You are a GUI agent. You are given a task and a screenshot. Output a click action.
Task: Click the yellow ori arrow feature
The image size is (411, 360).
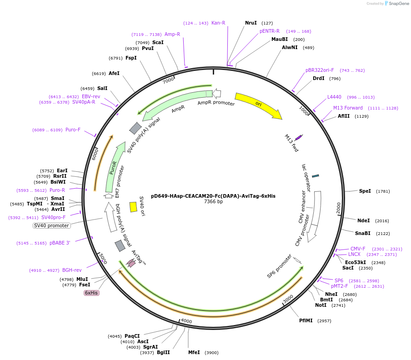pos(258,105)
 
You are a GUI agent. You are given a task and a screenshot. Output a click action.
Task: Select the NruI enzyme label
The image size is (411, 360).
pos(251,23)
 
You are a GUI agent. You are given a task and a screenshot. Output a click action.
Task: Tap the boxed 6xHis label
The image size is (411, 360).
pos(91,293)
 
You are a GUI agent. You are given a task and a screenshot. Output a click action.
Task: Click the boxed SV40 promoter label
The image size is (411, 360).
pos(51,225)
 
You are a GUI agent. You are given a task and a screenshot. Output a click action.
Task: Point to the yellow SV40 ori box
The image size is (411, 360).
pos(133,207)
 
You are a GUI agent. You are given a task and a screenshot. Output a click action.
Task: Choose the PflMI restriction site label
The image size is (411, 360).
pos(306,320)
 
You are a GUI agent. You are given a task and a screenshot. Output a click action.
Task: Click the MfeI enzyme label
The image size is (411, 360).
pos(194,352)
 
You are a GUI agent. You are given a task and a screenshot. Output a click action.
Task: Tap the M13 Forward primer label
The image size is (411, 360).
pos(348,108)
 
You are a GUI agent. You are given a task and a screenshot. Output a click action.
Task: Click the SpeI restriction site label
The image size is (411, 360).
pos(365,191)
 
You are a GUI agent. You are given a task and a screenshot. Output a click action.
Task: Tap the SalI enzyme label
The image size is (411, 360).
pos(102,88)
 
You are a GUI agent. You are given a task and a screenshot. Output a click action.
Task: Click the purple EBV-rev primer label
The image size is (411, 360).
pos(91,96)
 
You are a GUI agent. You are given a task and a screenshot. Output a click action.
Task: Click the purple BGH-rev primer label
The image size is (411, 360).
pos(72,270)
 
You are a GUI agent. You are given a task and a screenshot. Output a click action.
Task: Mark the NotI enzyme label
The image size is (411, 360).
pos(321,305)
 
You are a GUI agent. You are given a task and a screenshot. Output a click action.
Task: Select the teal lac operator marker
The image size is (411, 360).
pos(315,175)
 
